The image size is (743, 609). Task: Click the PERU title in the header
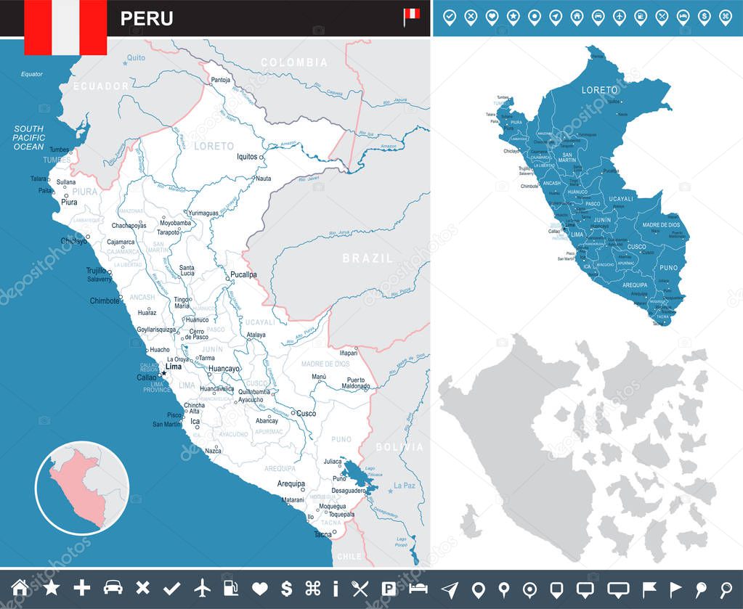click(147, 18)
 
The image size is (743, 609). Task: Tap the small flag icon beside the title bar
click(411, 16)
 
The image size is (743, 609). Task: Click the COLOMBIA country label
click(294, 62)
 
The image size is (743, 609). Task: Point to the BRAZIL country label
click(368, 258)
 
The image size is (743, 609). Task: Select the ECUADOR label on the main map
click(100, 86)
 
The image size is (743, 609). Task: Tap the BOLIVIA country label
click(399, 447)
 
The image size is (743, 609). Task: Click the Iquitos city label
click(247, 156)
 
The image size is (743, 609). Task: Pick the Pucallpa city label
click(243, 275)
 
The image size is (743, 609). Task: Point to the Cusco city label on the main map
click(306, 413)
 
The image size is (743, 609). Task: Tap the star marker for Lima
click(163, 374)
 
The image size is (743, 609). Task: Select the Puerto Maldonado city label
click(357, 383)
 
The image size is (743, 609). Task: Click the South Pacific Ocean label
click(29, 137)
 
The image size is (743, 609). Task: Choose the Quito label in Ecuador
click(136, 57)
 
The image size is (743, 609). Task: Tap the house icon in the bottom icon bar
click(20, 589)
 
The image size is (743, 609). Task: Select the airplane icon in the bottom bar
click(202, 589)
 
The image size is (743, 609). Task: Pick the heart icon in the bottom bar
click(260, 589)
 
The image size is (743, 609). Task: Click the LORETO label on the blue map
click(599, 90)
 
